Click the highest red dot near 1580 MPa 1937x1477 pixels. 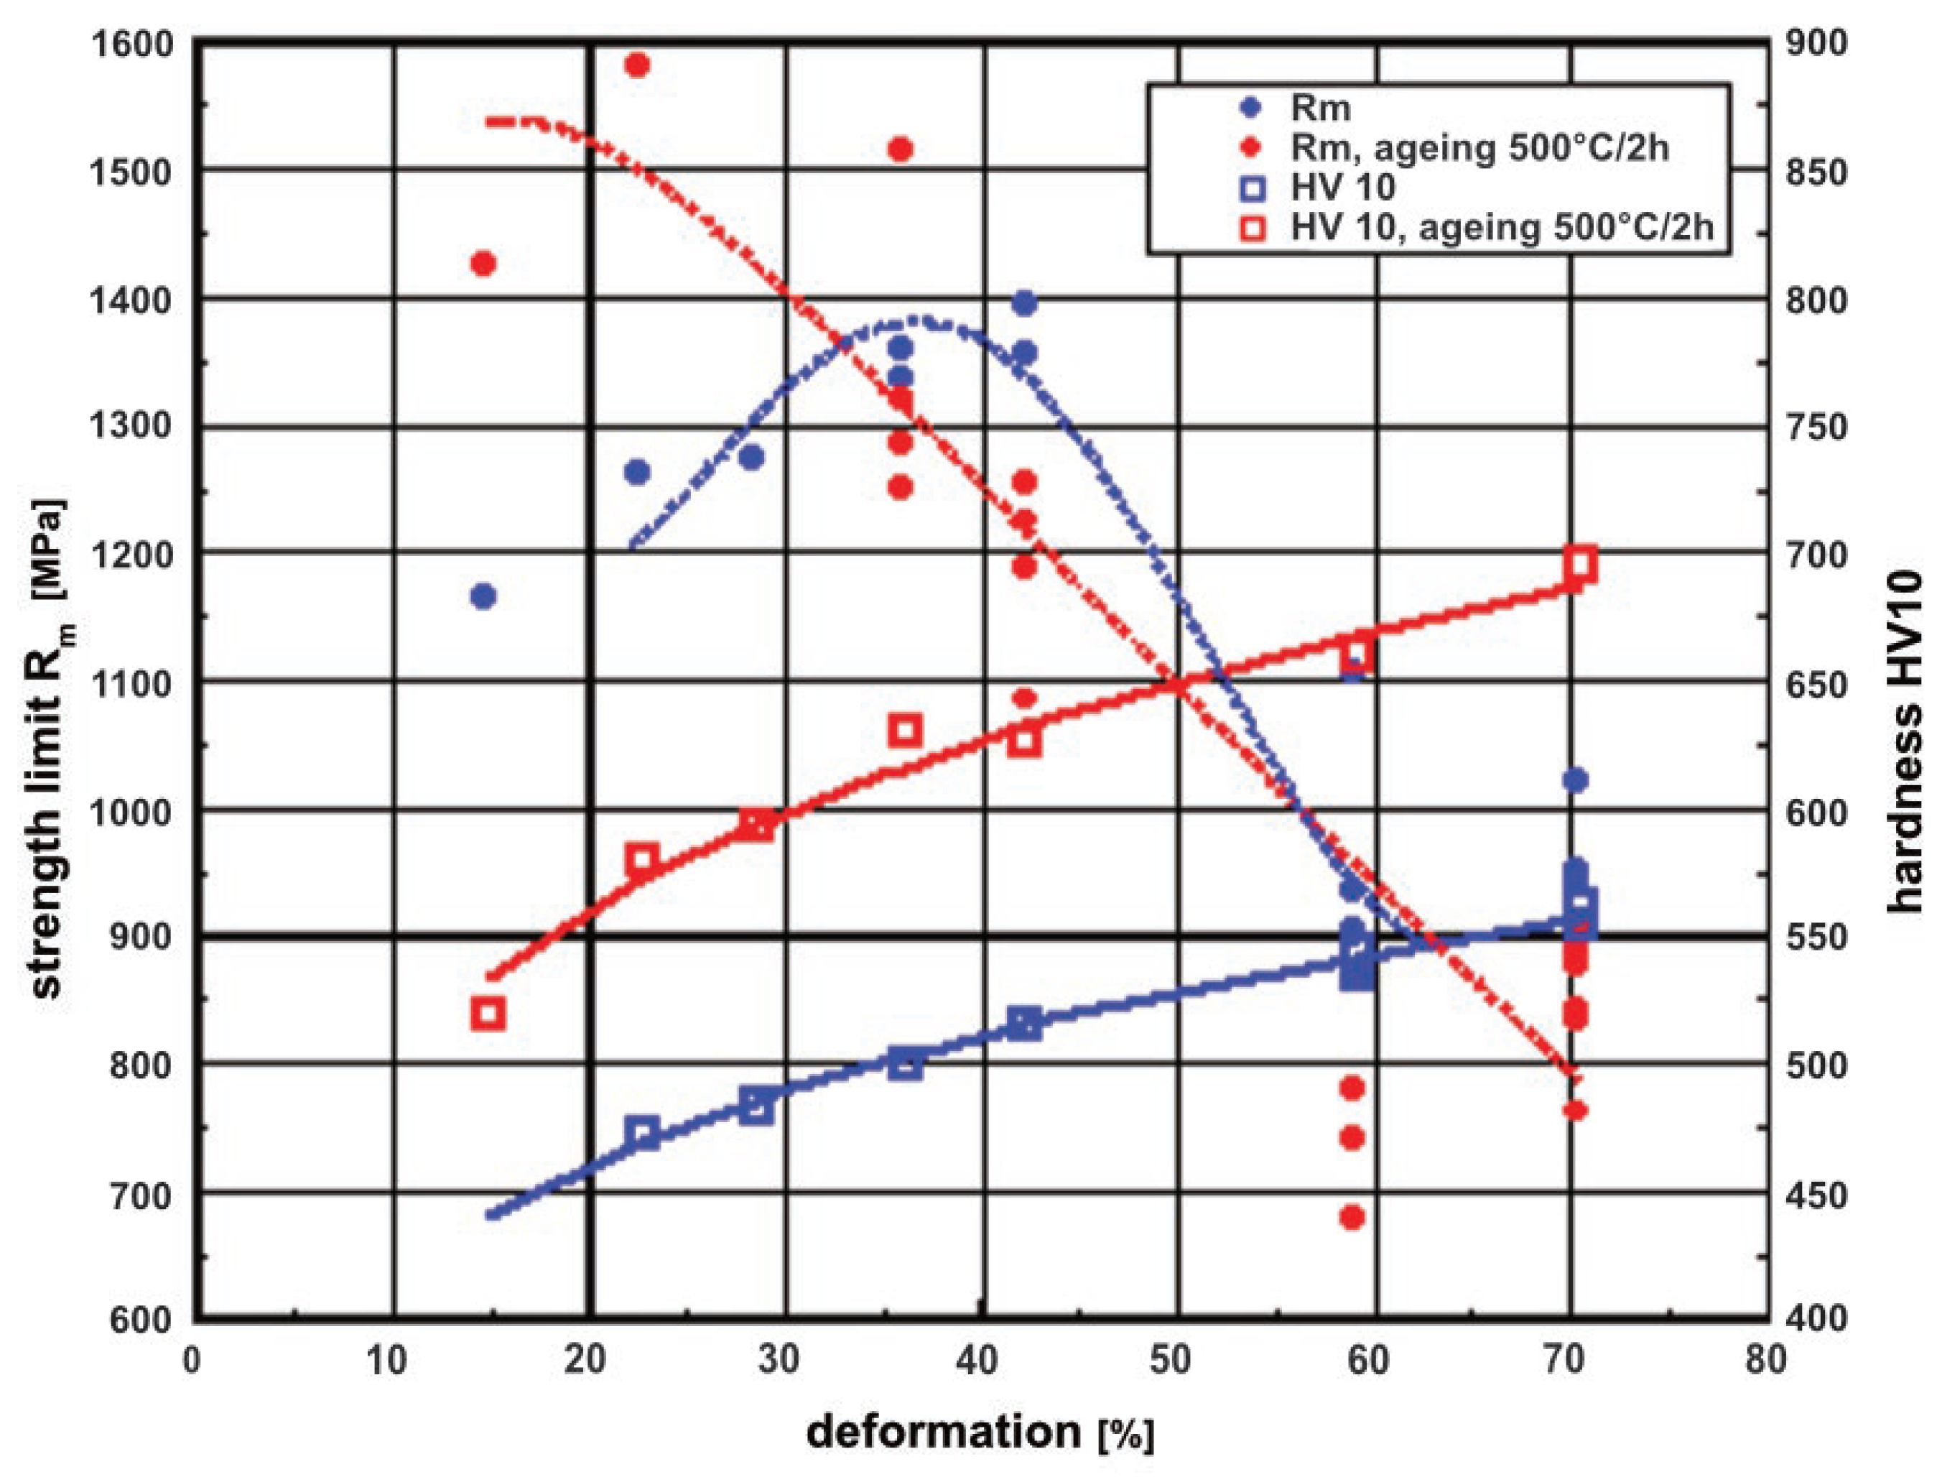(637, 65)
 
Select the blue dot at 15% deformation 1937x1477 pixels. (483, 596)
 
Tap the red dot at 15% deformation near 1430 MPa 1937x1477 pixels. (483, 263)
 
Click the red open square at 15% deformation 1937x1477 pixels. (488, 1013)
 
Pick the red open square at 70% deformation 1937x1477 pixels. (1580, 565)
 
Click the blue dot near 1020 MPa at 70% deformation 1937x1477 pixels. (1576, 780)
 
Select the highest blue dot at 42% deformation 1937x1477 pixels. (1024, 303)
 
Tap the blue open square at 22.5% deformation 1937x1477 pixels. (643, 1133)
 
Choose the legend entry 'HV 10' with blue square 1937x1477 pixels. (1342, 187)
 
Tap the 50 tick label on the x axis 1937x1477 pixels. (1171, 1359)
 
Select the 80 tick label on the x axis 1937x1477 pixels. (1767, 1359)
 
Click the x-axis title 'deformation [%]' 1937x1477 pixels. (980, 1432)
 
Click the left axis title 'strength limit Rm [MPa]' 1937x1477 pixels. (51, 747)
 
